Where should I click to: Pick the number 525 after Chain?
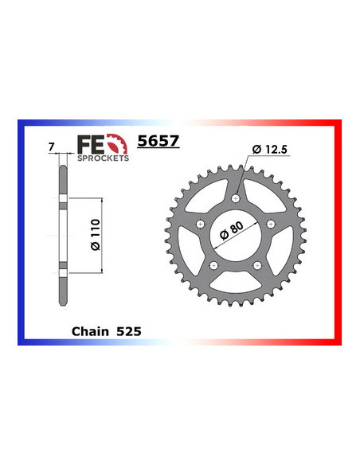tap(129, 328)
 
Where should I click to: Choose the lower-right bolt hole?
tap(256, 264)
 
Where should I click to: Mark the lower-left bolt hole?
tap(213, 264)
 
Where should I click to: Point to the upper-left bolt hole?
tap(200, 223)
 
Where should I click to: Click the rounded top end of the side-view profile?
tap(61, 158)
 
